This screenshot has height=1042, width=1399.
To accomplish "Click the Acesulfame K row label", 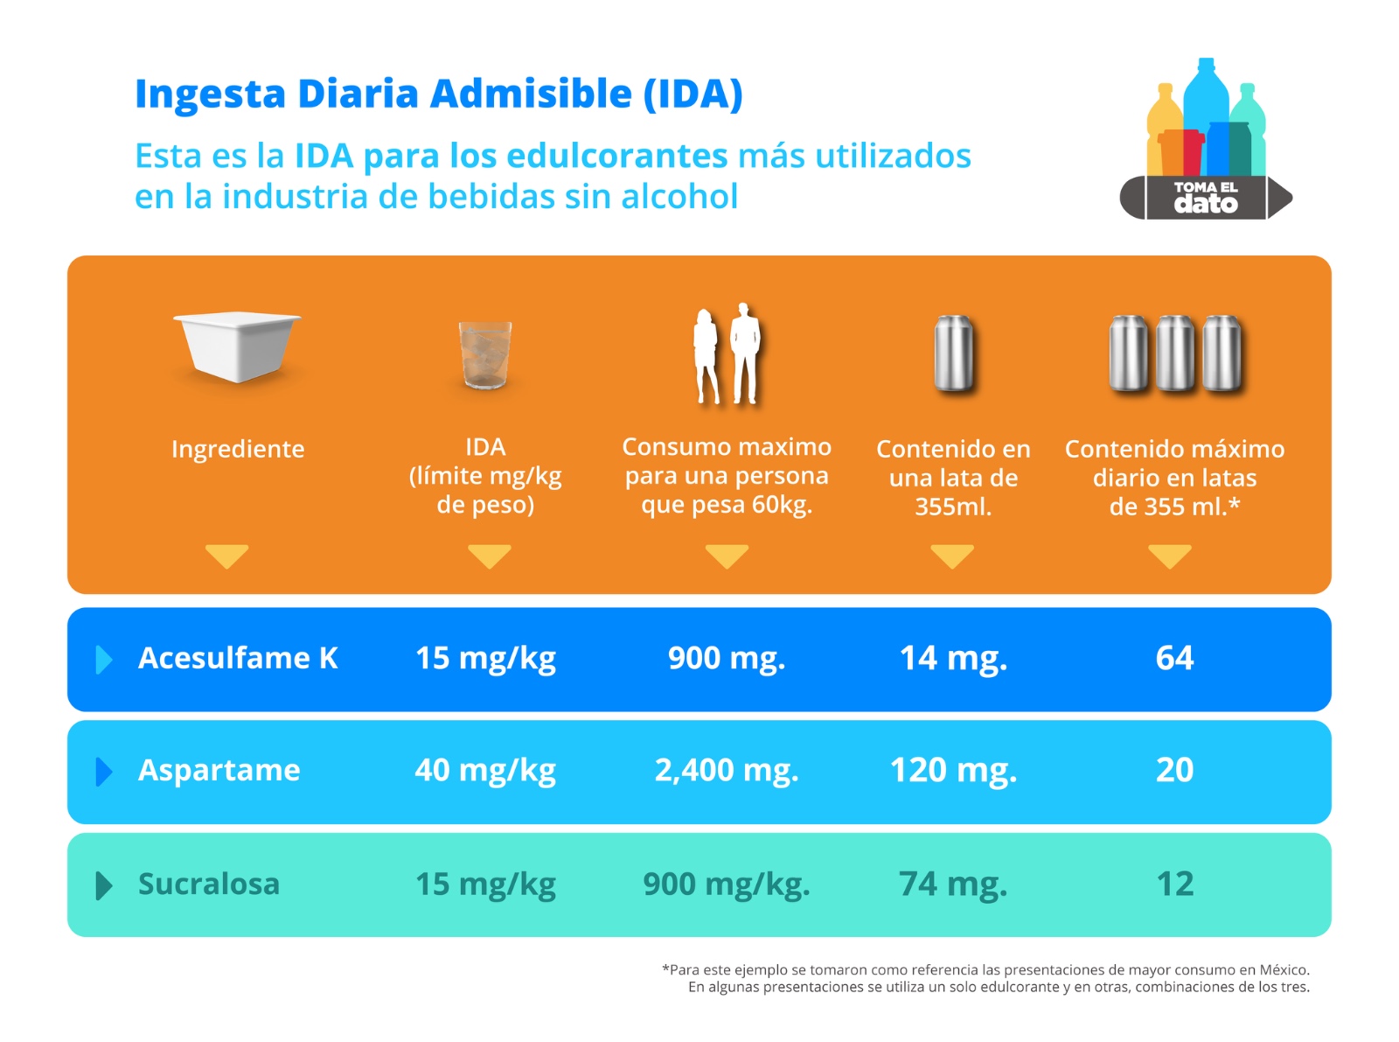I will pos(238,658).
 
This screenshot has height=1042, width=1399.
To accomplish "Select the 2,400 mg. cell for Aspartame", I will pos(727,770).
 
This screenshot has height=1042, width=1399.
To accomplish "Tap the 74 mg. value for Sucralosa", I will pos(953,884).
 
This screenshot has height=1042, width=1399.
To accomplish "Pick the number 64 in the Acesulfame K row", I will pos(1174,658).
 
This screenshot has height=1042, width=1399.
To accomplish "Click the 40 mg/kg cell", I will pos(485,770).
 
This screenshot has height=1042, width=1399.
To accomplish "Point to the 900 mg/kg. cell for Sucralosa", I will pos(727,884).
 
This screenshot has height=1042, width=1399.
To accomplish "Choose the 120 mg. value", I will pos(953,770).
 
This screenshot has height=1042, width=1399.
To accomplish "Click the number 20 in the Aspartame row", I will pos(1174,770).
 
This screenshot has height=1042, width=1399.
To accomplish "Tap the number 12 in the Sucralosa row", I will pos(1174,884).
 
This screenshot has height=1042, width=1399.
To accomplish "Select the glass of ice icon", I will pos(485,354).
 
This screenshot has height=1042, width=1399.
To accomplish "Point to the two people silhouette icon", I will pos(727,354).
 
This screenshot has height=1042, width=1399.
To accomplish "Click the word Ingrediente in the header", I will pos(238,449).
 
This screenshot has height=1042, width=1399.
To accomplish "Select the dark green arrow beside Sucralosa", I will pos(103,885).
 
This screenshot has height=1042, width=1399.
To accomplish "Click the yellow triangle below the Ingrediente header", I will pos(227,556).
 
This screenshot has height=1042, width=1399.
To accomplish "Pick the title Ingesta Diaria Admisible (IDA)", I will pos(439,94).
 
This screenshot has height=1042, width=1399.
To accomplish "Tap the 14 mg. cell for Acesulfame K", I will pos(953,658).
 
